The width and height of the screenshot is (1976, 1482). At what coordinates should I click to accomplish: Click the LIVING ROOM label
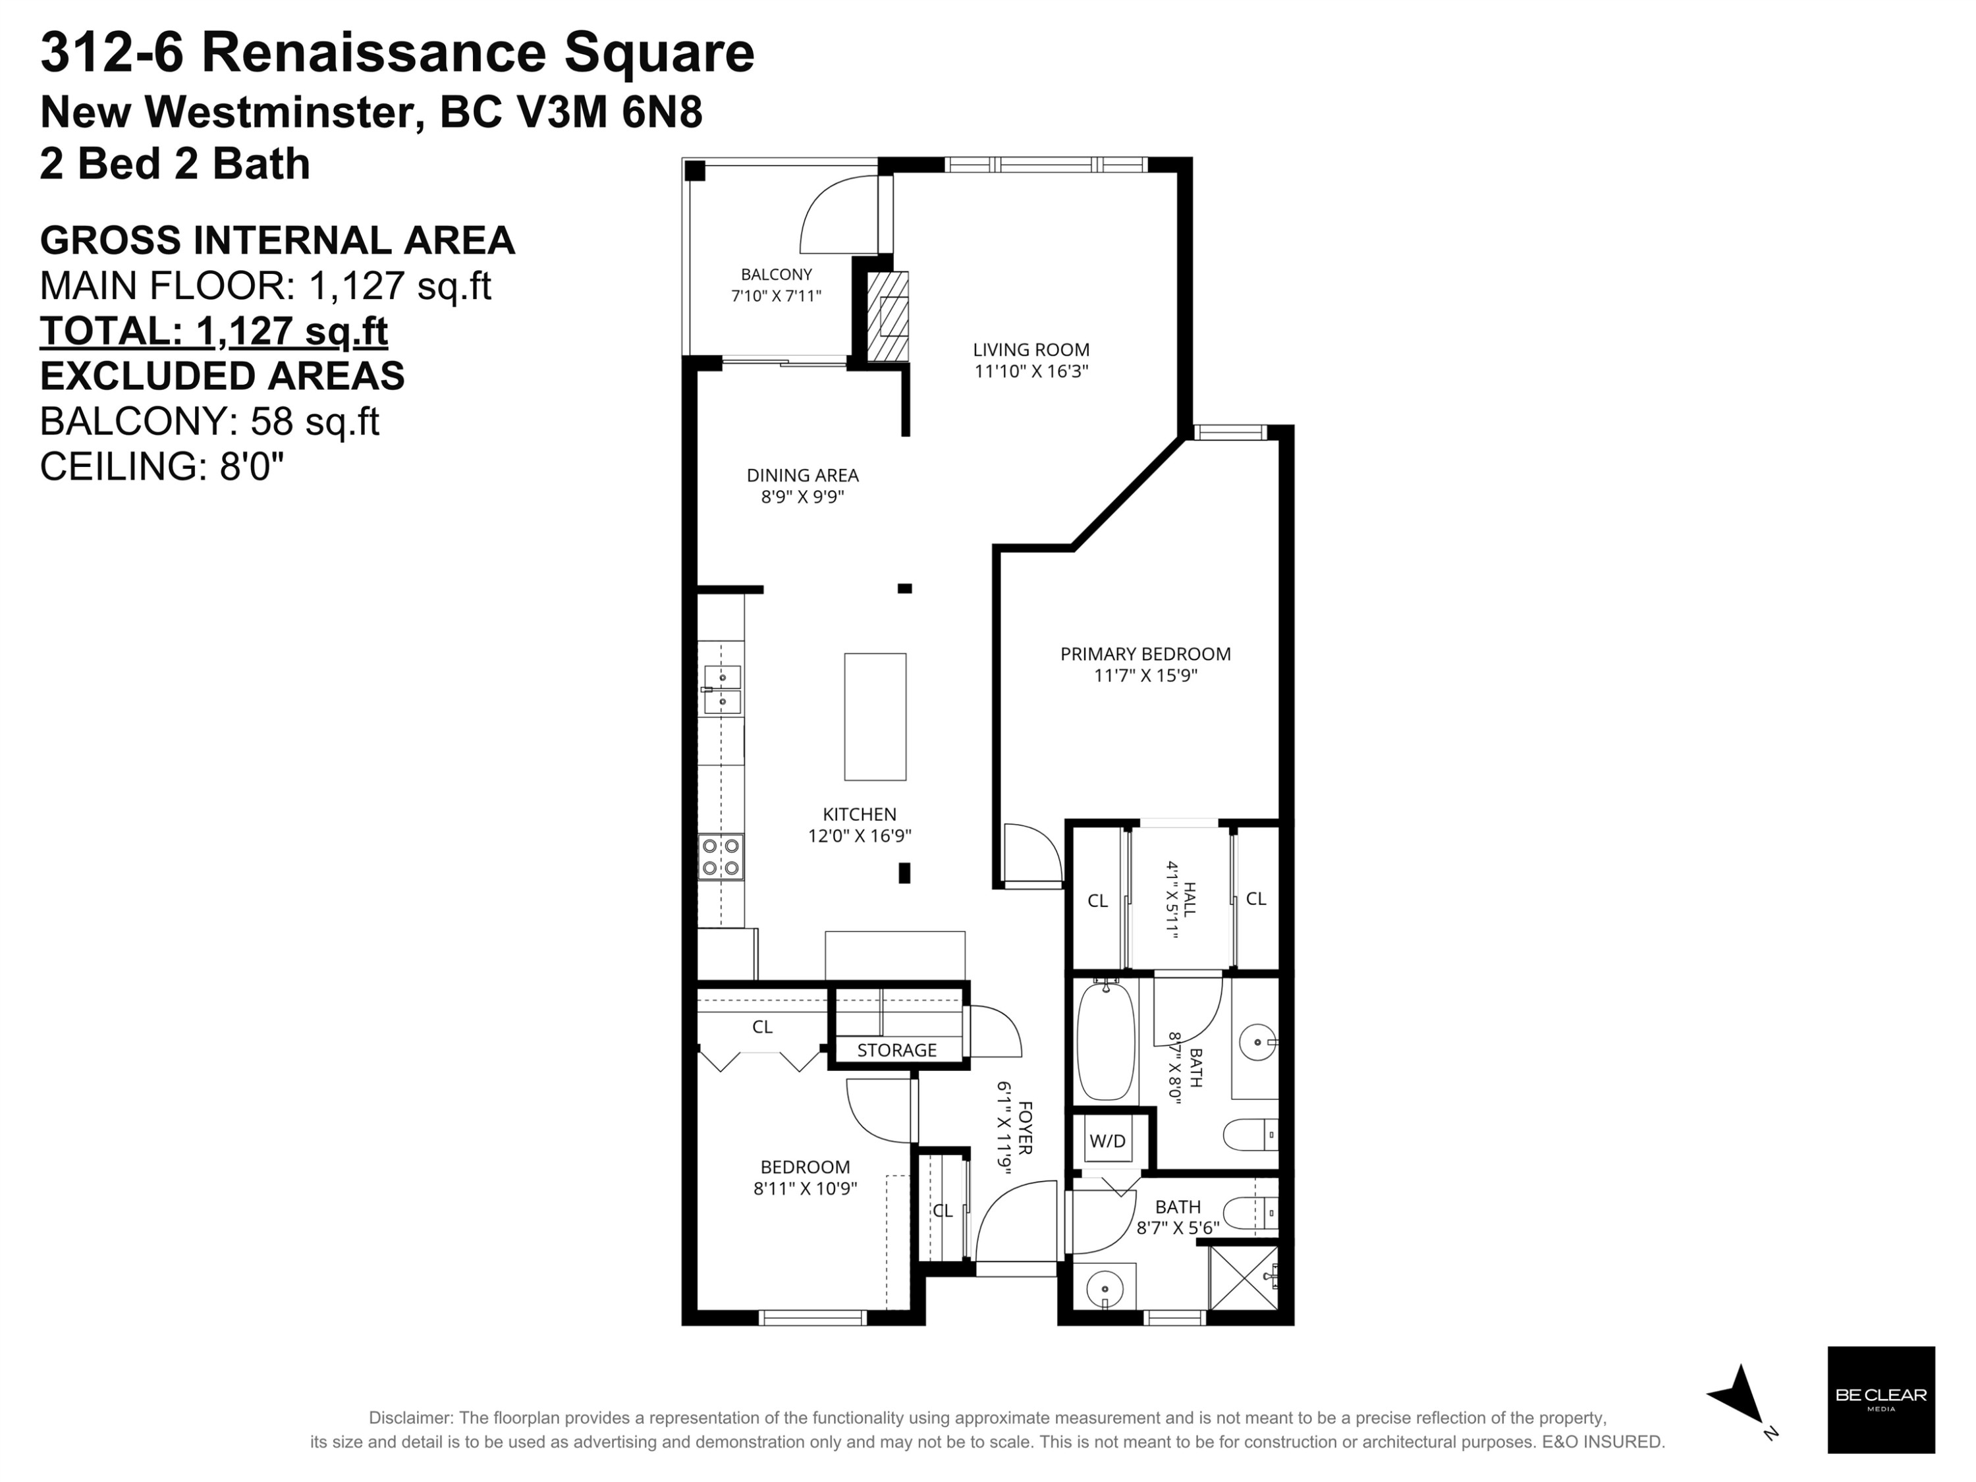1031,350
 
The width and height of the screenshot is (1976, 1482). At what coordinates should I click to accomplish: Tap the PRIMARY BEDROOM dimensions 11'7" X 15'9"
1145,676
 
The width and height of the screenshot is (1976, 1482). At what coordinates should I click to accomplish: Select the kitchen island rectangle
875,717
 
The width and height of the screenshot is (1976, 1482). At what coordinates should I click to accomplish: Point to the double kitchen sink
722,690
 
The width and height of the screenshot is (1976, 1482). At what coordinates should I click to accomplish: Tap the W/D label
1108,1141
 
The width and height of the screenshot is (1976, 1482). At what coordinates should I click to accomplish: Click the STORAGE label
897,1051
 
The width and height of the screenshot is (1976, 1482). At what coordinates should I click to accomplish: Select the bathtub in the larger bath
1106,1041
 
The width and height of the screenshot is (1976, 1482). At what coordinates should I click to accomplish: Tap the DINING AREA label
802,476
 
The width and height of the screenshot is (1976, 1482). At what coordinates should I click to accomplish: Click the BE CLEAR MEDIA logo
1880,1400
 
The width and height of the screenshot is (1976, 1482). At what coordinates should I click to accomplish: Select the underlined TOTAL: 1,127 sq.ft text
214,331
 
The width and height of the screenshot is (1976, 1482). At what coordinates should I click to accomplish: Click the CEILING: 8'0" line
161,466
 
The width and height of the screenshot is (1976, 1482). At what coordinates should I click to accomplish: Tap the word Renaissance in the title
373,53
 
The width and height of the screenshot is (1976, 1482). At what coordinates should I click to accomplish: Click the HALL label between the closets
1189,898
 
